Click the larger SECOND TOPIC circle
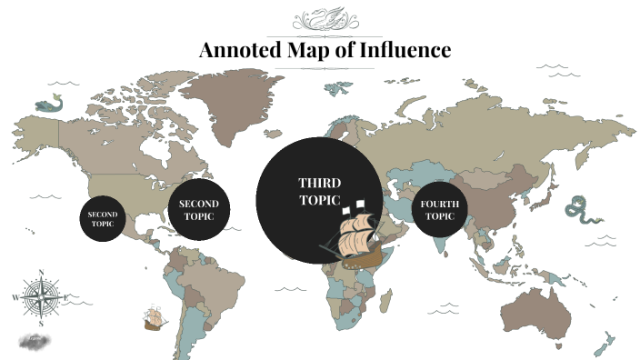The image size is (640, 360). [197, 210]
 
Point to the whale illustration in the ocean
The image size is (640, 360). [47, 105]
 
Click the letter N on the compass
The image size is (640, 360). [41, 272]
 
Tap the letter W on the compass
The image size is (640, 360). [16, 297]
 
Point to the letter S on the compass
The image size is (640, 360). [41, 323]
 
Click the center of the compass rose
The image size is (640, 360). [41, 296]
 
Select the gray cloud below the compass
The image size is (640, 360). [34, 342]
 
